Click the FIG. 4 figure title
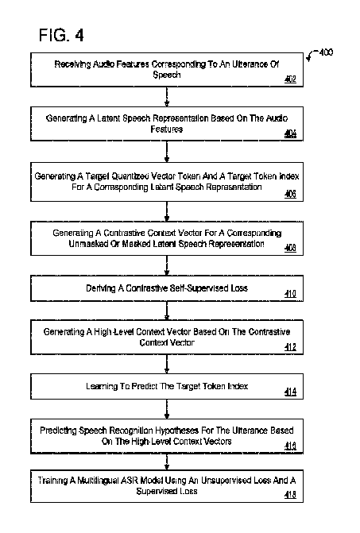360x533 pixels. (60, 35)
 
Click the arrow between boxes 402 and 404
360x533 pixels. (166, 97)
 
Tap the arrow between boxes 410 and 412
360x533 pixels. (166, 309)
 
